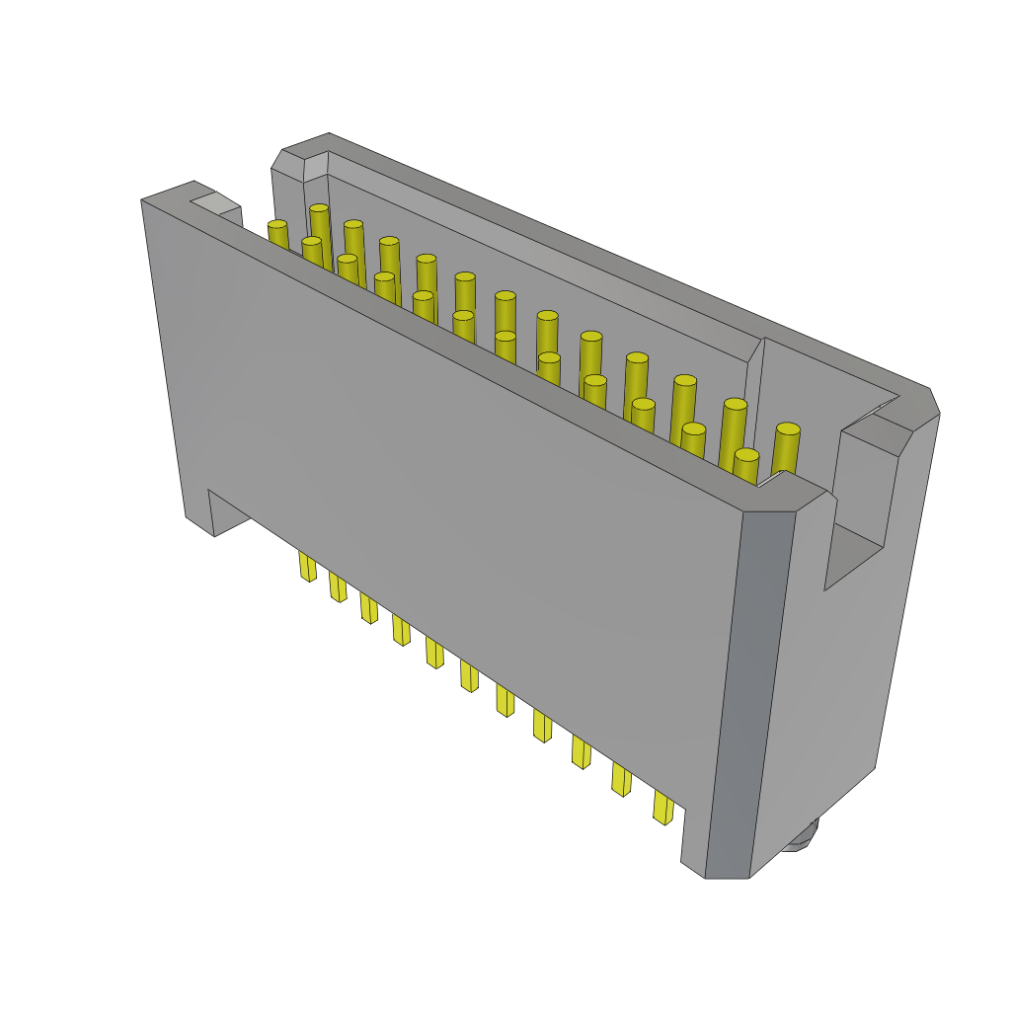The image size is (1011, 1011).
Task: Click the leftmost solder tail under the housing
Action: click(x=307, y=566)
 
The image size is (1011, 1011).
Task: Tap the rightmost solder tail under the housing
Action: click(x=662, y=807)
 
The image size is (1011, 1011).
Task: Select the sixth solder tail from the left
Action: click(x=469, y=676)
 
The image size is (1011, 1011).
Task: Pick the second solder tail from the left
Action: click(x=338, y=586)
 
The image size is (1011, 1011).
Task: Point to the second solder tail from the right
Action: click(x=621, y=779)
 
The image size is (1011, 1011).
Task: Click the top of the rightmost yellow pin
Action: click(x=788, y=429)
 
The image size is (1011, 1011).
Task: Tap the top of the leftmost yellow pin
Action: click(x=277, y=225)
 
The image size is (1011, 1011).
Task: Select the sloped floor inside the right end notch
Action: click(x=851, y=554)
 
